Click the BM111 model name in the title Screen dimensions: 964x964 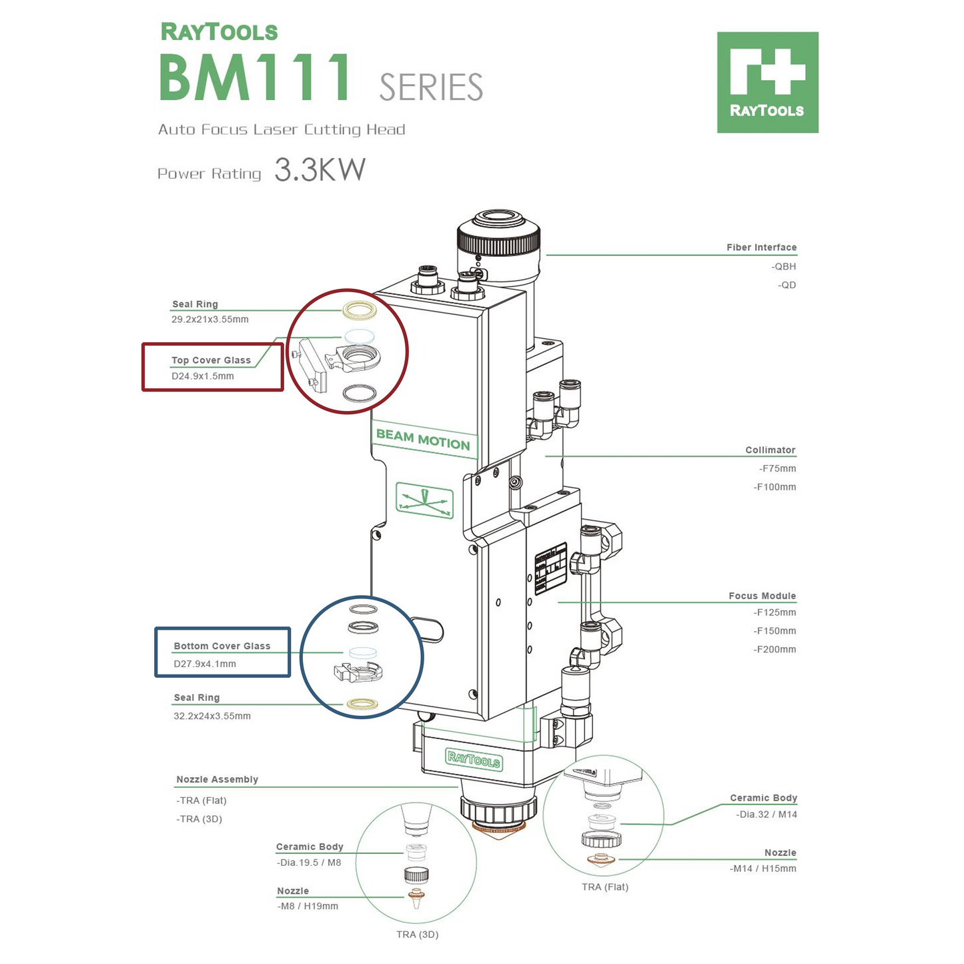(x=256, y=77)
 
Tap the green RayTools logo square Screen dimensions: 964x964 (x=767, y=82)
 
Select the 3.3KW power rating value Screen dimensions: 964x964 (x=320, y=170)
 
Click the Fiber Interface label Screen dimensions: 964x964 (x=761, y=248)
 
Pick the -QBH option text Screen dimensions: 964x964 (x=784, y=266)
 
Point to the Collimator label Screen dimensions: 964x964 (x=770, y=450)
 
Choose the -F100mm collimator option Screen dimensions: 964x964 (x=775, y=487)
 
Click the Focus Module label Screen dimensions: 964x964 (x=762, y=596)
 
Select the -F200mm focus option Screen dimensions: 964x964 (x=775, y=649)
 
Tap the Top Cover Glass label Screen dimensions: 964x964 (x=211, y=360)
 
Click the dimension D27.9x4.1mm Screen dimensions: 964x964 (x=205, y=664)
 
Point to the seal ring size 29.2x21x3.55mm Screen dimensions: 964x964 (x=210, y=320)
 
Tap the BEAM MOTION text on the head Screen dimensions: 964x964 (x=423, y=439)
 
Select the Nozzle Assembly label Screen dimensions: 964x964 (x=217, y=779)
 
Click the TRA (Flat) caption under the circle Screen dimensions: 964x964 (x=604, y=887)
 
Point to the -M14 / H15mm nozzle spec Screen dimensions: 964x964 (x=763, y=869)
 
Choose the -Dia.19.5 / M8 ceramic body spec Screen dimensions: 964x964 (x=309, y=863)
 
